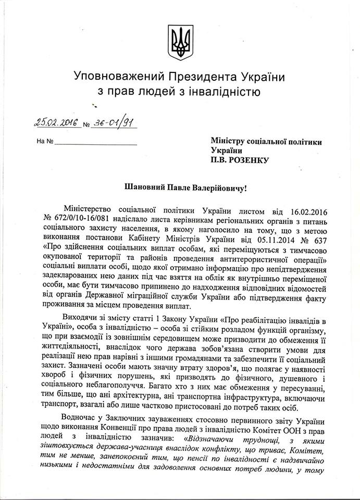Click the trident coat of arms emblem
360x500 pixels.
coord(180,42)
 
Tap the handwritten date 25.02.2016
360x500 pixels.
coord(55,122)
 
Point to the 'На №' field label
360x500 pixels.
coord(44,141)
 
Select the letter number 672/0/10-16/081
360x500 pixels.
coord(79,219)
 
